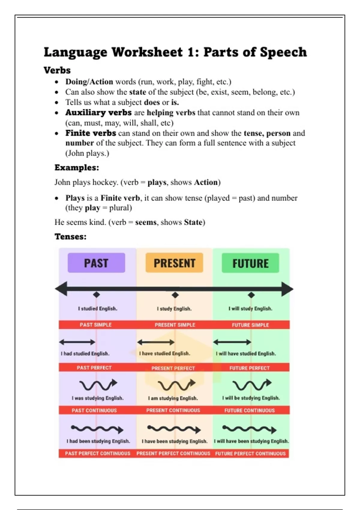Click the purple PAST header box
(96, 263)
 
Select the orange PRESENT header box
(174, 263)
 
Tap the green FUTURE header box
(250, 263)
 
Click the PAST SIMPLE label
(96, 325)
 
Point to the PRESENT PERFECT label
(173, 368)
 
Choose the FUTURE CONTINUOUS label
(250, 410)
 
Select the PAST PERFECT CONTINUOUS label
(97, 453)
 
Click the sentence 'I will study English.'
(250, 308)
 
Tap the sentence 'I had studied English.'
(85, 353)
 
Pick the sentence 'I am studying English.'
(173, 398)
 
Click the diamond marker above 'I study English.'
(175, 295)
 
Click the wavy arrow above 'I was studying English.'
(98, 385)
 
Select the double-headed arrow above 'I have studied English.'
(156, 342)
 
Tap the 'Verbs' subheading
(57, 70)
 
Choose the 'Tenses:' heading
(70, 236)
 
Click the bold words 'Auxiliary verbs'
(98, 112)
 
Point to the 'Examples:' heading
(77, 167)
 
